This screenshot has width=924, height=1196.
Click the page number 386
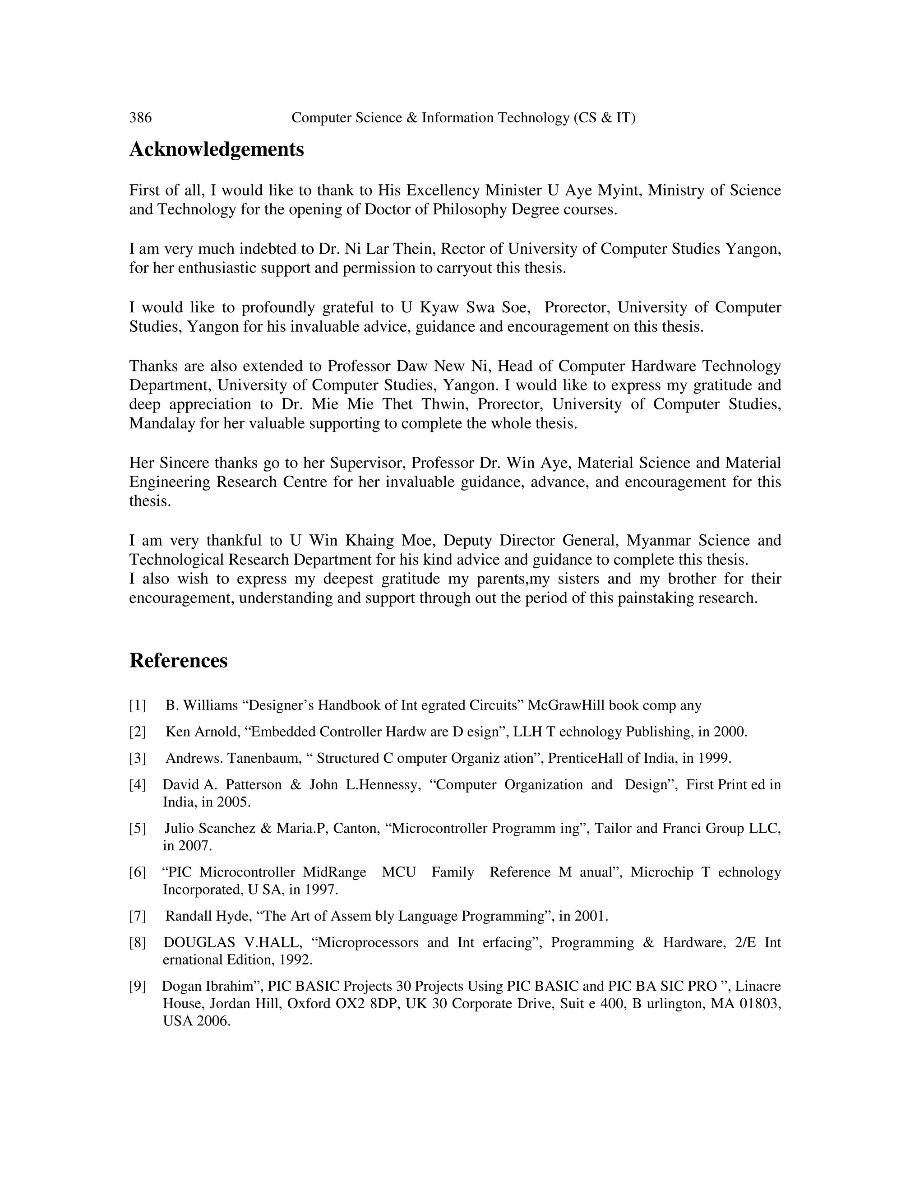tap(140, 118)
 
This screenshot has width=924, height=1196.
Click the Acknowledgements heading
tap(216, 149)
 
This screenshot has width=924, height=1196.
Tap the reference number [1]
tap(138, 705)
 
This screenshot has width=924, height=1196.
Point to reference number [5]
tap(138, 829)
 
